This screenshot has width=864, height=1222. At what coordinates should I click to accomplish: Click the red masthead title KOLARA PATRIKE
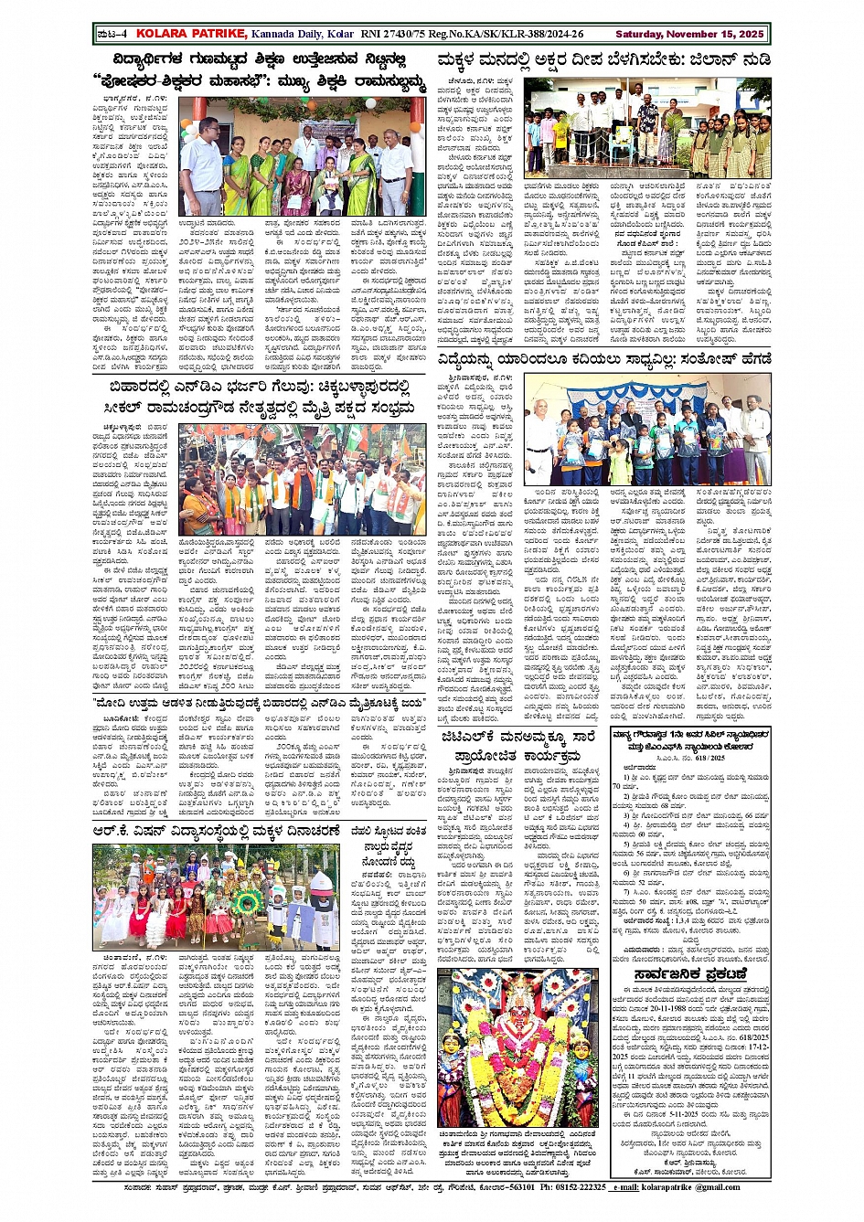tap(190, 34)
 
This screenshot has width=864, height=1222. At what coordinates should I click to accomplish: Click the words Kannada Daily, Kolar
tap(303, 34)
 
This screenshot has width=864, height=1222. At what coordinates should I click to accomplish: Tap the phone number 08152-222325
tap(572, 1187)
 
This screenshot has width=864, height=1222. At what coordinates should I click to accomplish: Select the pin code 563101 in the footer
tap(509, 1187)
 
